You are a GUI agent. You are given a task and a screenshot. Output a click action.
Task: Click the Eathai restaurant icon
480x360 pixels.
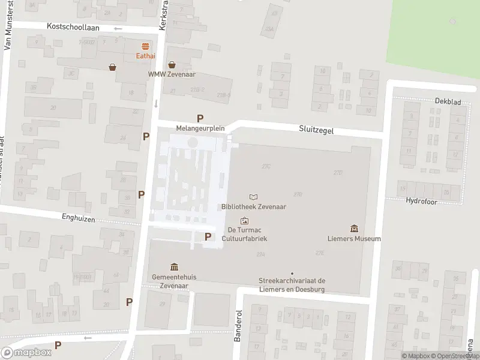[145, 47]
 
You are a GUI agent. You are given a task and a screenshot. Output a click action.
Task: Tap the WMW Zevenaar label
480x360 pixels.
[172, 74]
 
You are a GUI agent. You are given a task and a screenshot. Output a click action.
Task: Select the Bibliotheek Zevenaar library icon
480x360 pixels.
[254, 197]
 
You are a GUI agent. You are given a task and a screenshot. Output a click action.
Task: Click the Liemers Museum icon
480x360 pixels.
[354, 229]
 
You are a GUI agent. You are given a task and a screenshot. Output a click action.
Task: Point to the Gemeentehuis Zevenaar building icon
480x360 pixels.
[174, 267]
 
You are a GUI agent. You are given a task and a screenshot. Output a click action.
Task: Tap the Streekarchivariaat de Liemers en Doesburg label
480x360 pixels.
[292, 285]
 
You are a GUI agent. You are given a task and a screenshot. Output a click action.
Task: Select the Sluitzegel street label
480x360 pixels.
[316, 129]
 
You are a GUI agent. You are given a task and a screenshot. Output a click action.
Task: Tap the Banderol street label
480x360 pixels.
[238, 326]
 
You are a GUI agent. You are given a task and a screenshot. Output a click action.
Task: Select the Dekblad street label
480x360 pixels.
[448, 102]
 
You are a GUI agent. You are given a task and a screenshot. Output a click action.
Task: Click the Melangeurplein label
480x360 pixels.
[200, 128]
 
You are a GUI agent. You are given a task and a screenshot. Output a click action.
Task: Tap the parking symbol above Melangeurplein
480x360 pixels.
[200, 118]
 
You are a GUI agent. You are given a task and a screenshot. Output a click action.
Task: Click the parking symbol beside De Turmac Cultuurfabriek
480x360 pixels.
[208, 236]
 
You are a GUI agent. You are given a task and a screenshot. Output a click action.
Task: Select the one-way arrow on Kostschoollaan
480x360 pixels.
[118, 28]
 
